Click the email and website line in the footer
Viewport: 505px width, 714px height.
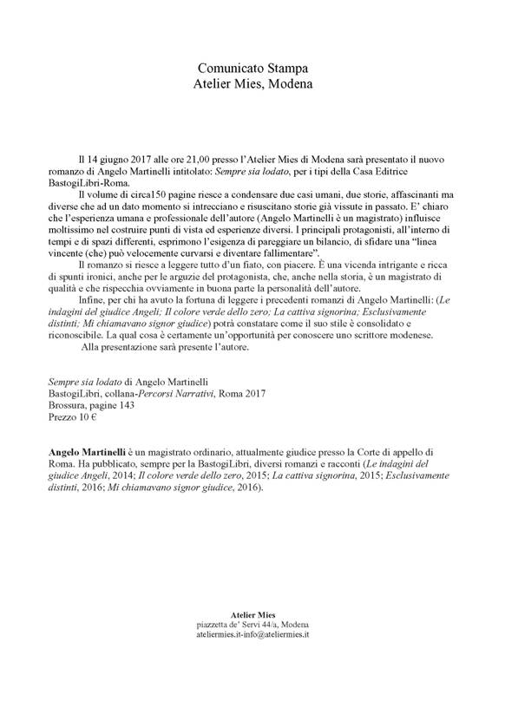click(x=252, y=636)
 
